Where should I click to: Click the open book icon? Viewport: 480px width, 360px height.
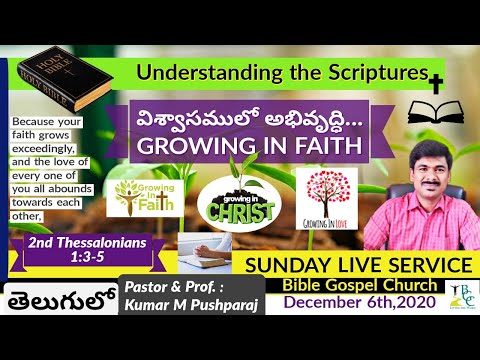[x=436, y=109]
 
